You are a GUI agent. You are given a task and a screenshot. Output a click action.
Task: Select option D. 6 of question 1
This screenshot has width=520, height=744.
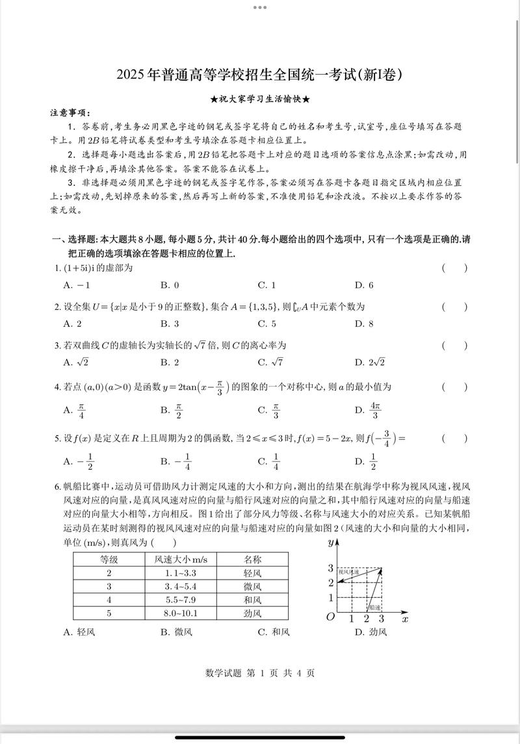[364, 285]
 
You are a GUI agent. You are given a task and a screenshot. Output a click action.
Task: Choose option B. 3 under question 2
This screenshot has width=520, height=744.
[170, 324]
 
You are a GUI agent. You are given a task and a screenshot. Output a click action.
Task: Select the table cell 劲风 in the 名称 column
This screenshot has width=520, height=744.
[252, 613]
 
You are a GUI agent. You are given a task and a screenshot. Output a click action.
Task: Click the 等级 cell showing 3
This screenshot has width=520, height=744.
[109, 586]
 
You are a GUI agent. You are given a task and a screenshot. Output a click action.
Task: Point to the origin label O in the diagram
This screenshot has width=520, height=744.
[330, 617]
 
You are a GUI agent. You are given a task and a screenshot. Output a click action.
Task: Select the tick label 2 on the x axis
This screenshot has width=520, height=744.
[367, 619]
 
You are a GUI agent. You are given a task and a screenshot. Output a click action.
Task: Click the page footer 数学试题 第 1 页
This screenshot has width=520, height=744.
[259, 673]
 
